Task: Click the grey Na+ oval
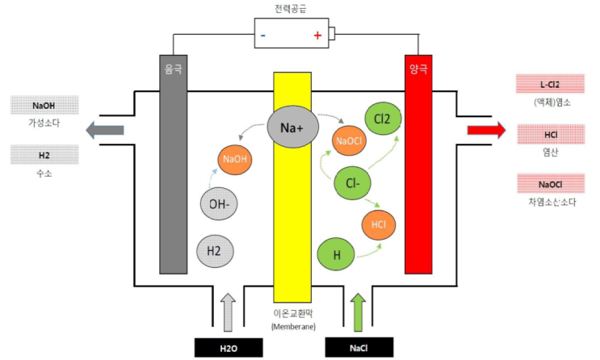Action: click(292, 127)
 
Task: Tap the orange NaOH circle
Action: click(235, 159)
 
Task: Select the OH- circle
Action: click(219, 204)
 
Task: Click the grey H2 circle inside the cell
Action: click(215, 251)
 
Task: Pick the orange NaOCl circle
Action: click(349, 140)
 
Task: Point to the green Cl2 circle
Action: click(383, 119)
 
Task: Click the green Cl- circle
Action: click(352, 183)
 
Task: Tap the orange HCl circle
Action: click(379, 224)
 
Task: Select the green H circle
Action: click(337, 254)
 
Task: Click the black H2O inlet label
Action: click(229, 348)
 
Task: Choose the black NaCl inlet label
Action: click(359, 348)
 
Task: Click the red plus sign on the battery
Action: click(317, 36)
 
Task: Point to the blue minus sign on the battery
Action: click(263, 36)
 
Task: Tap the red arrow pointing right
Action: click(486, 131)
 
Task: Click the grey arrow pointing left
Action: click(105, 130)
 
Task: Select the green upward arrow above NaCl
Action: click(359, 312)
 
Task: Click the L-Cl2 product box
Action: click(550, 84)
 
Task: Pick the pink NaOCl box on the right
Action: click(550, 184)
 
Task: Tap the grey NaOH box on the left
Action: click(44, 105)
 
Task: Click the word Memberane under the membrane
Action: click(293, 327)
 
